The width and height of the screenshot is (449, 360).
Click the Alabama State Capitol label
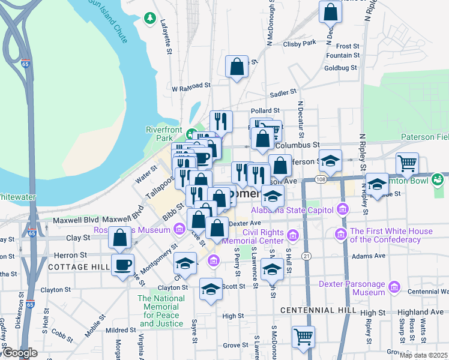[292, 209]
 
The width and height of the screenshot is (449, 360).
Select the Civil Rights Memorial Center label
[264, 237]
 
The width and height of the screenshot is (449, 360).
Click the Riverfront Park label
[164, 133]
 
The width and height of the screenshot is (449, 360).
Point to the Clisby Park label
[300, 43]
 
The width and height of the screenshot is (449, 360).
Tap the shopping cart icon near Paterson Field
[407, 163]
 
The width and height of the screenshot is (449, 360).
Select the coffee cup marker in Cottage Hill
[123, 265]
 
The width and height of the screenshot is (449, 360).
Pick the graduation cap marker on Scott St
[210, 290]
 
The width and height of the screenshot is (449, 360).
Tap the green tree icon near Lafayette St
[149, 19]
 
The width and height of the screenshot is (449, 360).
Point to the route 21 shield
[307, 256]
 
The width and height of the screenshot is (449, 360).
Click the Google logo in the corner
[20, 353]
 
